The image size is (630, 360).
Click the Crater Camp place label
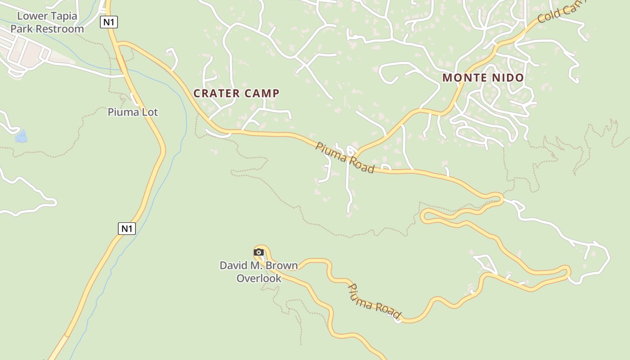[236, 93]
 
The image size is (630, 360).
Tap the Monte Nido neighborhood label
[483, 78]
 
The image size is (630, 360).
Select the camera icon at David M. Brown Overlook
[258, 252]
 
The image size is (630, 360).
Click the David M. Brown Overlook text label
[259, 272]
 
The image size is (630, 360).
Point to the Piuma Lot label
[133, 112]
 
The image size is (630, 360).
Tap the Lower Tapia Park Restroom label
[47, 22]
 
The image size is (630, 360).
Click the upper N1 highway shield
[109, 22]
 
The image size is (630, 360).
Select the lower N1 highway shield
[127, 229]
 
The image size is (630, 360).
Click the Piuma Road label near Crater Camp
[345, 157]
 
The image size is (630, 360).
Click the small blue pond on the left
[21, 136]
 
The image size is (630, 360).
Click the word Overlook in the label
[259, 278]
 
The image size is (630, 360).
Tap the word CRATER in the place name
[216, 93]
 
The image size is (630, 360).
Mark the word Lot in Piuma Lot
[150, 112]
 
